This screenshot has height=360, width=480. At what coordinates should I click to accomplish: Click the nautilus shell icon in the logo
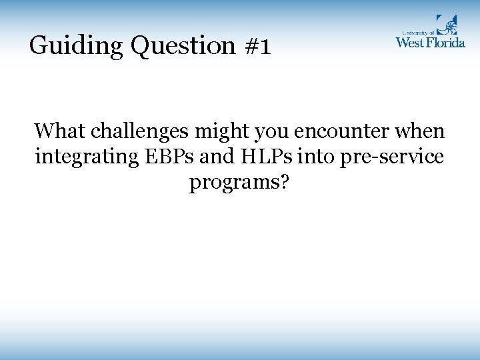[x=446, y=25]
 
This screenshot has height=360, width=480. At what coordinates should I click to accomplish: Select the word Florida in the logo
[x=448, y=42]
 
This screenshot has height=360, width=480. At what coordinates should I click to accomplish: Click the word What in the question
[x=60, y=131]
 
